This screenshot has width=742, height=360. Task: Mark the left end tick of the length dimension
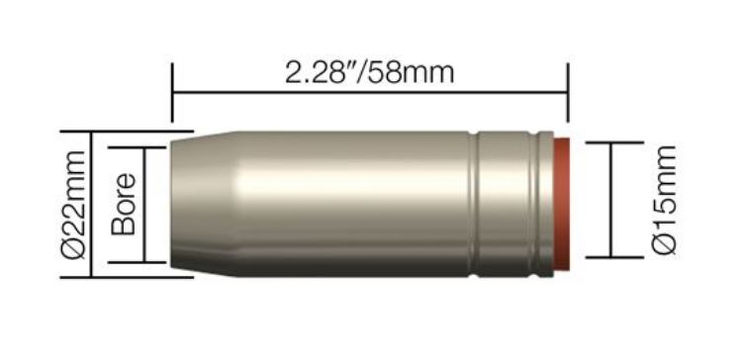click(x=173, y=95)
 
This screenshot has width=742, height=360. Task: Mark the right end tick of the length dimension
click(x=568, y=95)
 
